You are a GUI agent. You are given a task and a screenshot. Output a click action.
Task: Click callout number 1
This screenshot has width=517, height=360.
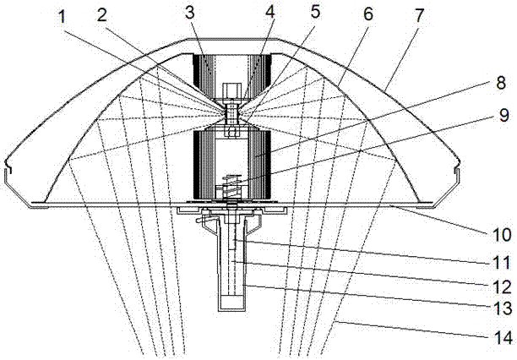62,17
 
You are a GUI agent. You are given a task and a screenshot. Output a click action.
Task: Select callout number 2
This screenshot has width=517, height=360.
102,15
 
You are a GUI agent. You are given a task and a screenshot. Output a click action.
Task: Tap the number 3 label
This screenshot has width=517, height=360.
190,14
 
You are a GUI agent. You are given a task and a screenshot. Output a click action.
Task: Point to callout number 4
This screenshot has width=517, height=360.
269,14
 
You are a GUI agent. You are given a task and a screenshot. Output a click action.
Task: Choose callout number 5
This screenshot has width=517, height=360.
315,13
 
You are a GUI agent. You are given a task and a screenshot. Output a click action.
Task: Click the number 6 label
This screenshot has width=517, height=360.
367,14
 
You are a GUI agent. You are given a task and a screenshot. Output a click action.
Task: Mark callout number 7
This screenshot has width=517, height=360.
418,15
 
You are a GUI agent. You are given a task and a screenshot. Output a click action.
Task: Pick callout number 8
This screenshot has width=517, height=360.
500,82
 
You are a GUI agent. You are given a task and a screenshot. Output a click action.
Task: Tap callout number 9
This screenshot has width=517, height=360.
503,115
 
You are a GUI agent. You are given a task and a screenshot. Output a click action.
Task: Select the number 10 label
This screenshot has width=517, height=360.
502,235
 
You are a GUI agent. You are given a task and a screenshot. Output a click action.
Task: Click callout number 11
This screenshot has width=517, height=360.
501,263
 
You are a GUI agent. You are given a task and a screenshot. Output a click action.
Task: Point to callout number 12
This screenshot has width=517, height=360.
502,286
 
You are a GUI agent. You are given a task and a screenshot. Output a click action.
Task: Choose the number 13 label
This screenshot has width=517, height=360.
502,309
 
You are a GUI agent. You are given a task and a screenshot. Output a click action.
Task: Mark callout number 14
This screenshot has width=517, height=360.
503,338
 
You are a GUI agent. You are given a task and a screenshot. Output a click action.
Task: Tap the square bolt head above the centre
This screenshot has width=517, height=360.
231,90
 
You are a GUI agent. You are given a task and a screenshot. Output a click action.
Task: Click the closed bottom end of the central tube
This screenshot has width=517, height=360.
232,303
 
